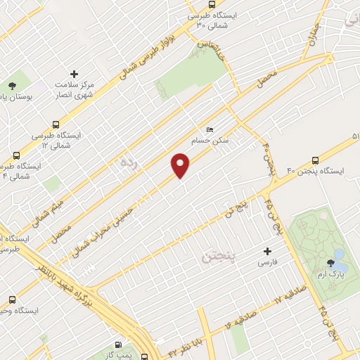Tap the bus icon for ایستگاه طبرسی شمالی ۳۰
pos(192,15)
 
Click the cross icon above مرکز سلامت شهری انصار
pos(75,74)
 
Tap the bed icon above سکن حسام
pos(210,130)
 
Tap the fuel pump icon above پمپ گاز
pos(117,345)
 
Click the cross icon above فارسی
pos(266,251)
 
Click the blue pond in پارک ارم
pos(339,254)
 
